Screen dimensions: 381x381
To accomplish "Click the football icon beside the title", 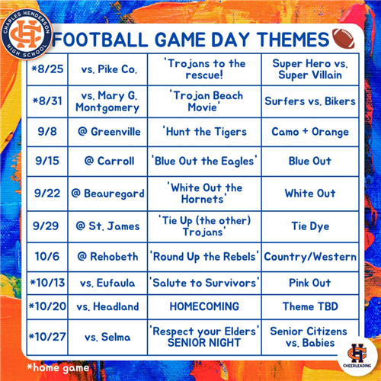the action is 344,38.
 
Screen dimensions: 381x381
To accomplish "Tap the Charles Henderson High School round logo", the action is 26,34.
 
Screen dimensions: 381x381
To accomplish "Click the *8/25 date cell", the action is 47,69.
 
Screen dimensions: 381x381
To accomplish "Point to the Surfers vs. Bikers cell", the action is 310,101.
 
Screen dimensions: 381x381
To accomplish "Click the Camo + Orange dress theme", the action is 310,132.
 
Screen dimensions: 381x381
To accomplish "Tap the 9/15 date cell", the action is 47,161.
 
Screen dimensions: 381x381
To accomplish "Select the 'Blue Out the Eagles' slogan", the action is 204,161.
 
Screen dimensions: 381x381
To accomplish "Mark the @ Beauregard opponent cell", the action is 107,194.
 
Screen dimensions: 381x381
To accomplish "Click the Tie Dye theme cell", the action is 310,226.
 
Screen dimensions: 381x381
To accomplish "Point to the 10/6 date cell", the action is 47,256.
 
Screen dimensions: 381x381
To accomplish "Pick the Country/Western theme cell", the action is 310,257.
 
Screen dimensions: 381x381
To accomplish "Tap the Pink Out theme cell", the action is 310,283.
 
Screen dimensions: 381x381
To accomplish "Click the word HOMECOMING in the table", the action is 204,306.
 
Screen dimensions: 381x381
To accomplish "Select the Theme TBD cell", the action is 310,306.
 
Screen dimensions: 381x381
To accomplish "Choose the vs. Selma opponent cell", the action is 107,337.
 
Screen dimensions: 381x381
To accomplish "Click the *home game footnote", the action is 58,368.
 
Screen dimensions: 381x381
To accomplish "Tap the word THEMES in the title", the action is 293,40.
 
